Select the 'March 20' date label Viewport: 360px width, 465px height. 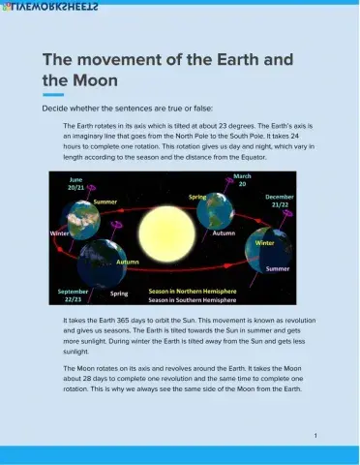(x=242, y=179)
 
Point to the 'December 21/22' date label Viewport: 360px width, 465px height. (x=278, y=201)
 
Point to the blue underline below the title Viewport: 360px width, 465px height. (x=53, y=95)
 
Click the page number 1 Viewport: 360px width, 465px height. (x=315, y=436)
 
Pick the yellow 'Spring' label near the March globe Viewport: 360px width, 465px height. (x=197, y=197)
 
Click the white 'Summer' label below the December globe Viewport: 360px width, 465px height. (x=277, y=268)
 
